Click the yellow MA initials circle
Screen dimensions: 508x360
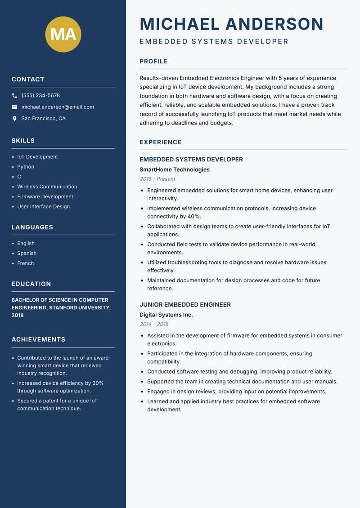coord(63,34)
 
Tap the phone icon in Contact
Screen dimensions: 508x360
coord(14,96)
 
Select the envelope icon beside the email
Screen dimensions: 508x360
coord(14,107)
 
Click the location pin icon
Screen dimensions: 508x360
coord(14,119)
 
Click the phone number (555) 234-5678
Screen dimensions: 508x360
coord(40,96)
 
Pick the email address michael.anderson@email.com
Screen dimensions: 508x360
coord(58,107)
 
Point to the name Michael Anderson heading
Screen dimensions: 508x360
coord(231,24)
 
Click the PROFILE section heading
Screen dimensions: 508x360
coord(153,62)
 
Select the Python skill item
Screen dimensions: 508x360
coord(26,167)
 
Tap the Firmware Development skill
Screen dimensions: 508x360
coord(45,196)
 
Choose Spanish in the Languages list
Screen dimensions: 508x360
coord(27,254)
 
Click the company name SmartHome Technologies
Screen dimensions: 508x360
coord(175,169)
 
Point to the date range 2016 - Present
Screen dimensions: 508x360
coord(157,179)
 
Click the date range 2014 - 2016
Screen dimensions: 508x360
coord(154,324)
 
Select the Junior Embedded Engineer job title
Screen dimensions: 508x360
coord(185,305)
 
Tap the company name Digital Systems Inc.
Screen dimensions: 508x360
coord(166,315)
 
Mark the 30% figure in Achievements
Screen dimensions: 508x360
coord(98,383)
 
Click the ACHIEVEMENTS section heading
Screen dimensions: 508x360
coord(38,339)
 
